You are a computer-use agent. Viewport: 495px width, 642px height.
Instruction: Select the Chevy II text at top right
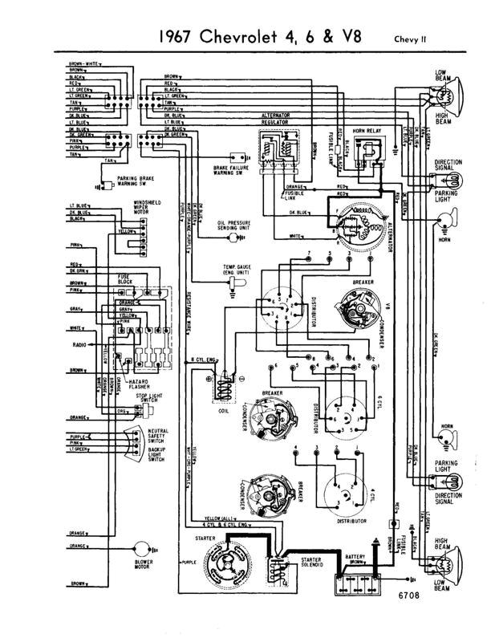[x=412, y=38]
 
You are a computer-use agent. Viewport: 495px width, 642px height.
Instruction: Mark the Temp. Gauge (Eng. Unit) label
[x=238, y=270]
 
